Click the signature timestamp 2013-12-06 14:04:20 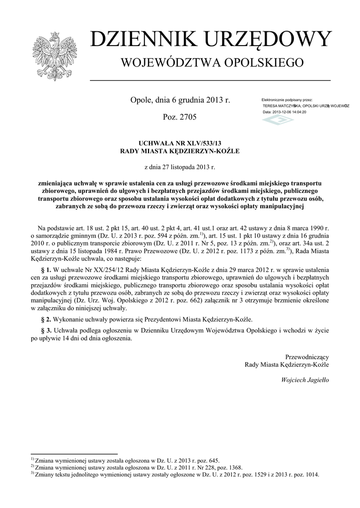(290, 112)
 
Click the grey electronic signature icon (278, 121)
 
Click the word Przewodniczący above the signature (307, 357)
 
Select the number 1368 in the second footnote (233, 467)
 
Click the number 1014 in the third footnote (309, 474)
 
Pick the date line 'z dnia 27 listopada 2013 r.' (180, 168)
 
